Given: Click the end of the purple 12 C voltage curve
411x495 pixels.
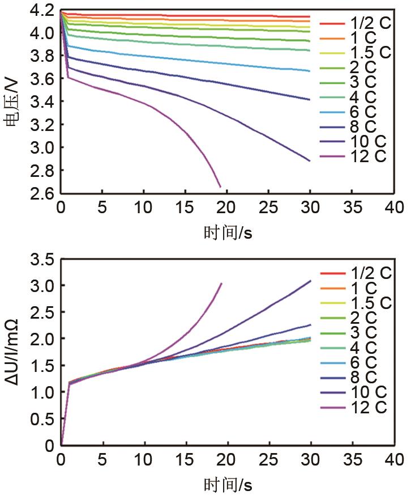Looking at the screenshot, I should coord(220,187).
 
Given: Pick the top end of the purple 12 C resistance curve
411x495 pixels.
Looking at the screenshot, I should coord(221,284).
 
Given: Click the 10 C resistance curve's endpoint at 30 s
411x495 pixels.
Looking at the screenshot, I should coord(311,281).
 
